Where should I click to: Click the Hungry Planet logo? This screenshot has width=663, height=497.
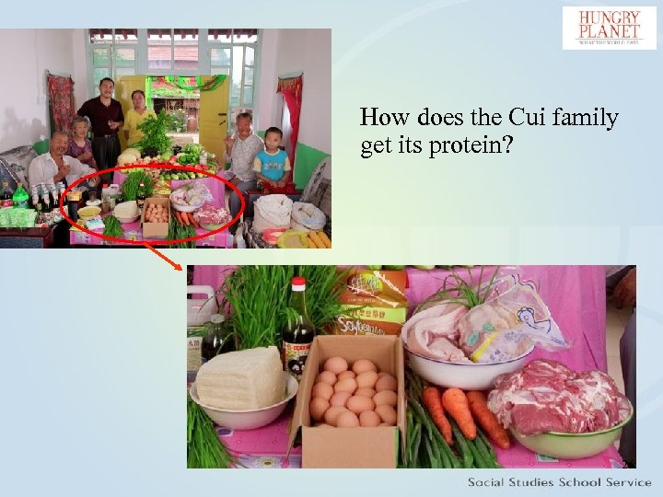click(610, 28)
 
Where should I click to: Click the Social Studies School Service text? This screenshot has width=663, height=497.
click(559, 482)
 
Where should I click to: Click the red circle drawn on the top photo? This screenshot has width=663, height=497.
click(154, 204)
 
